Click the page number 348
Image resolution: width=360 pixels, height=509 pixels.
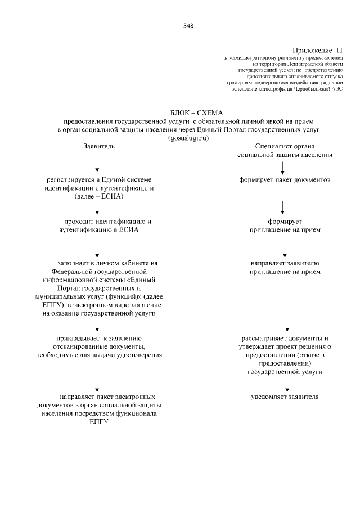tap(188, 25)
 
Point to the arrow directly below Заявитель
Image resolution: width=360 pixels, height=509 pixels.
tap(98, 165)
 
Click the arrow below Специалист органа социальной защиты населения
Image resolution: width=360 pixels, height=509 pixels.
tap(283, 167)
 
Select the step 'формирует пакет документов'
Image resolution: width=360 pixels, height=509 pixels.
tap(283, 180)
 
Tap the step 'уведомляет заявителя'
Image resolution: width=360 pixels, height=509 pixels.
tap(285, 397)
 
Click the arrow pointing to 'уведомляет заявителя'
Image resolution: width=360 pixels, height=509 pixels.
tap(287, 384)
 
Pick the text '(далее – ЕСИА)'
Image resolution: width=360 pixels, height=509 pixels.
tap(98, 196)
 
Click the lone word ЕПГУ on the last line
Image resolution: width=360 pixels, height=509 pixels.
tap(98, 422)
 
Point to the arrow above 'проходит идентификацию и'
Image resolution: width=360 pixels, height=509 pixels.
tap(98, 208)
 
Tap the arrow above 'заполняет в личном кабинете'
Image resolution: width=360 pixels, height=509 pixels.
tap(98, 249)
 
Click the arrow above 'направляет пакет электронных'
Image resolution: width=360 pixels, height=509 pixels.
tap(98, 384)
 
